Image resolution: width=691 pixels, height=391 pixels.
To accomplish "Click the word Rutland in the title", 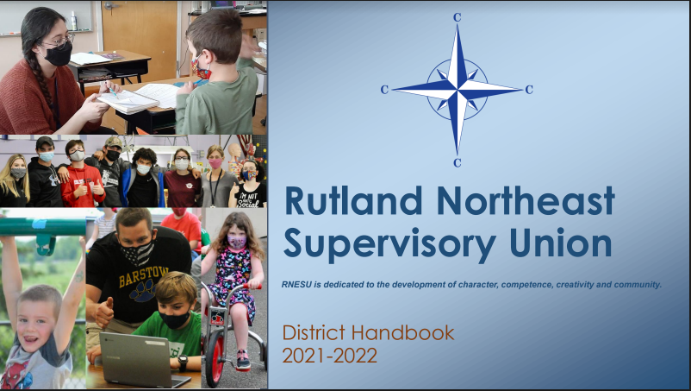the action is pos(353,201).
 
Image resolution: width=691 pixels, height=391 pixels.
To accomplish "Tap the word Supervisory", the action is pos(389,244).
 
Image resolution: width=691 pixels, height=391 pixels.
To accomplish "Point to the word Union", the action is pos(561,243).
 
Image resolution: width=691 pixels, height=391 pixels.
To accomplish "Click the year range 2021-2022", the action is pos(330,356).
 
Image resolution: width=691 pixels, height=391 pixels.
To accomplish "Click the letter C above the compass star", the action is pos(457,17).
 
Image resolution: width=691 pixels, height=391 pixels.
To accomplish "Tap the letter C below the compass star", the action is pos(457,163).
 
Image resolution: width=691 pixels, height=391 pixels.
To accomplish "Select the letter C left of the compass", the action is pos(384,90).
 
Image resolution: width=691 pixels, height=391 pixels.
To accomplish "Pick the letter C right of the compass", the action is pos(529,90).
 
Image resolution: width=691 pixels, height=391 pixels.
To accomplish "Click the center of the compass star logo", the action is pos(458,90).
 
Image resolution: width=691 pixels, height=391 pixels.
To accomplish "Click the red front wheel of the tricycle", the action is pos(215,357).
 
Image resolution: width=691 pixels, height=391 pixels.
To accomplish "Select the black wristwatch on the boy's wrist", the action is pos(183,363).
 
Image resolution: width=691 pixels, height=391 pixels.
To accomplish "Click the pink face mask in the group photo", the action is pos(215,164).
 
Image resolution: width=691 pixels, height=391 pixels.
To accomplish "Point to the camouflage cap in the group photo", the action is pos(114,142).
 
